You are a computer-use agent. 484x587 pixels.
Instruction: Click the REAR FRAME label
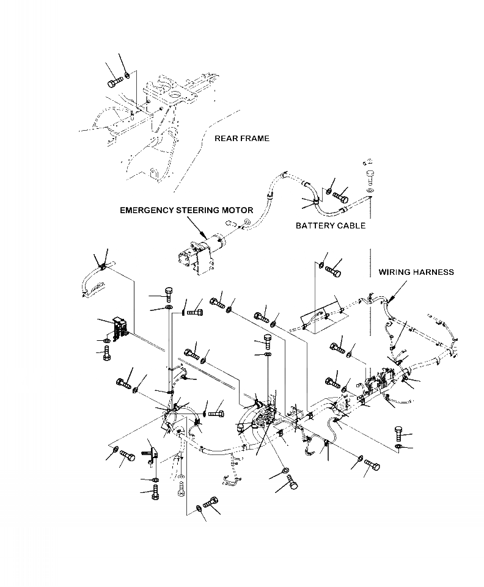pyautogui.click(x=241, y=139)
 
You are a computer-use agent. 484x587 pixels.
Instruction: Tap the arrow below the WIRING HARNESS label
pyautogui.click(x=397, y=291)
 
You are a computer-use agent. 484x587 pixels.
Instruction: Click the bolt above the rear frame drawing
pyautogui.click(x=115, y=82)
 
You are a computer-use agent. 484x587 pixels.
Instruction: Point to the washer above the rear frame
pyautogui.click(x=127, y=76)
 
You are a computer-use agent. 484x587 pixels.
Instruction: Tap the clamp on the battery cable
pyautogui.click(x=317, y=203)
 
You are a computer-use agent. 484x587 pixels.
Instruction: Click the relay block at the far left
pyautogui.click(x=120, y=328)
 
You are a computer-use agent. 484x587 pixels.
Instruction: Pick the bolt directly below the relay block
pyautogui.click(x=107, y=354)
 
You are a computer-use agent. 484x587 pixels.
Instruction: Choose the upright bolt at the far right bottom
pyautogui.click(x=399, y=433)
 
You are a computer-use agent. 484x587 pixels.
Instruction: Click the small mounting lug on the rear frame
pyautogui.click(x=155, y=175)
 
